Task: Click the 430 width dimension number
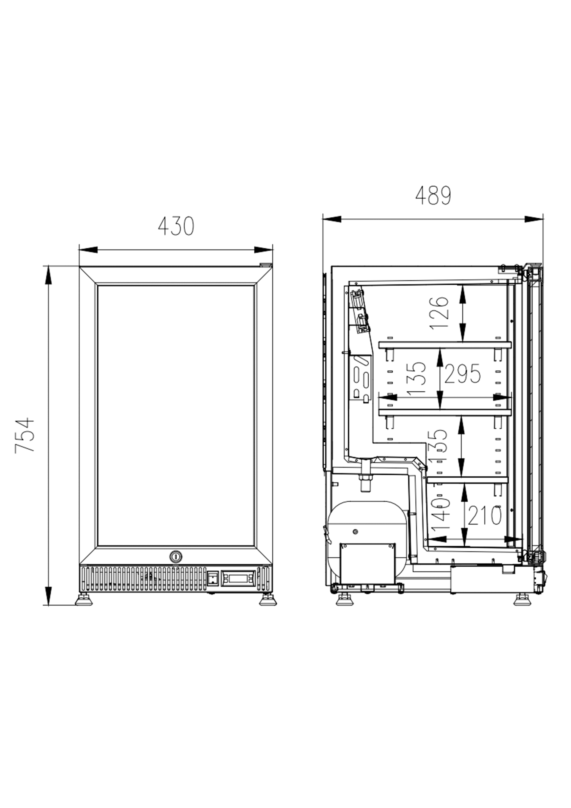pos(176,226)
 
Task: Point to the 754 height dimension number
pos(25,435)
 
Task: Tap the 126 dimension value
pos(439,313)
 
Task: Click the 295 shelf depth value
pos(462,374)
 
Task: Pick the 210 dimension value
pos(484,516)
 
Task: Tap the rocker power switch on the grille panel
pos(213,578)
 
